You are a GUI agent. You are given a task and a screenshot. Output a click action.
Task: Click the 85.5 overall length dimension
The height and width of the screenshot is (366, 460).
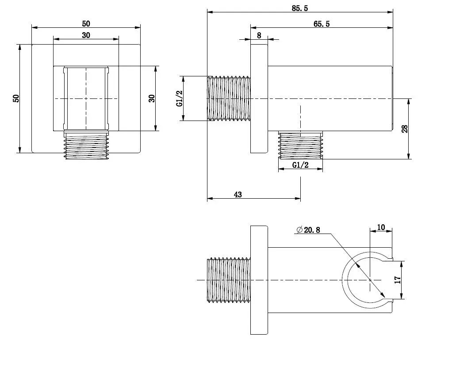(300, 8)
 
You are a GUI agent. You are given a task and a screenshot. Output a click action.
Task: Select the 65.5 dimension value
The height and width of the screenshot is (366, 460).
(322, 24)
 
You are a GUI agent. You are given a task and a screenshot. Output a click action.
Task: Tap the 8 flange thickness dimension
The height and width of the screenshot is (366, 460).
(259, 35)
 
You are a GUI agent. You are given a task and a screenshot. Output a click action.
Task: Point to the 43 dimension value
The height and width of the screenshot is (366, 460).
(238, 194)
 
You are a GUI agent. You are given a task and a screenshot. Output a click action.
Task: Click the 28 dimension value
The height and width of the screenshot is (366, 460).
(405, 129)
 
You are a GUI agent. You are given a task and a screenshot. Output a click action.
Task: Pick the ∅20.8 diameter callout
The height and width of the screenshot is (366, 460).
(308, 230)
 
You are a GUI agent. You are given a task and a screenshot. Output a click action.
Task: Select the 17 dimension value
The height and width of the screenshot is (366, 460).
(398, 280)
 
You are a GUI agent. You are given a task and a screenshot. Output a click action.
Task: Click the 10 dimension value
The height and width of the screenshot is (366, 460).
(381, 227)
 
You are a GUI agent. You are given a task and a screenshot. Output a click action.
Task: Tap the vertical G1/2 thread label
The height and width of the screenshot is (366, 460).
(180, 98)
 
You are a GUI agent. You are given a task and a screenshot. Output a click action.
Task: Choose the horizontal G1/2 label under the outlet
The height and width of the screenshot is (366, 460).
(300, 165)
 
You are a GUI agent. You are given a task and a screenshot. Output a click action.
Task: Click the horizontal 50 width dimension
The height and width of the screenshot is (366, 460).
(86, 23)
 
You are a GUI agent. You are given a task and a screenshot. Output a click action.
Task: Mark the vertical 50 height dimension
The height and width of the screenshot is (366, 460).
(16, 98)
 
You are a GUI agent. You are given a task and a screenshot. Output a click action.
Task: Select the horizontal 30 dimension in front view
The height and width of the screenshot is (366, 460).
(86, 35)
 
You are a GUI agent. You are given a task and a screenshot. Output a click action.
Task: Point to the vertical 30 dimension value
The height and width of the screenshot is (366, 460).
(152, 98)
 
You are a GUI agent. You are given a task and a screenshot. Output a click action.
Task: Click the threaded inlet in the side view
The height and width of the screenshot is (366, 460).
(229, 98)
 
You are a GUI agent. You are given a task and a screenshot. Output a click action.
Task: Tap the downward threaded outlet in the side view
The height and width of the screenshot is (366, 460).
(300, 145)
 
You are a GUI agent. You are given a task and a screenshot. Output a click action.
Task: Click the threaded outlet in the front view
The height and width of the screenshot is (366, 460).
(86, 145)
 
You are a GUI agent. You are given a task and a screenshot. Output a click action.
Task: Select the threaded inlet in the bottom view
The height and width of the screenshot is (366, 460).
(229, 280)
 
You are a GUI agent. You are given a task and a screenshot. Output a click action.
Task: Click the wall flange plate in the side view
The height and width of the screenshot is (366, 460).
(259, 98)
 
